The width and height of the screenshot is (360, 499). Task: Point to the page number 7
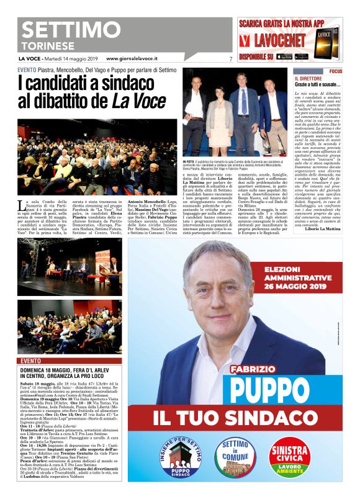click(230, 59)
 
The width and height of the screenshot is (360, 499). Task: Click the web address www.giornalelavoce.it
click(132, 58)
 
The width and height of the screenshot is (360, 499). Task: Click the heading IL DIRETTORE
click(307, 79)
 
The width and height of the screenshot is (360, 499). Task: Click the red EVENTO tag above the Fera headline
click(31, 360)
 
